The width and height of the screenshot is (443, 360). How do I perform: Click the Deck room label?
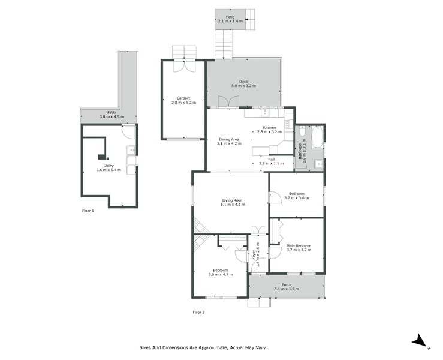[x=243, y=84]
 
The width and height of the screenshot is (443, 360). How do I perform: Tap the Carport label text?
[x=183, y=100]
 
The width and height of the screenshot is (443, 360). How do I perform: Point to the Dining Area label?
[x=229, y=142]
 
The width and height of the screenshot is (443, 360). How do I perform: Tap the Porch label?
[x=287, y=287]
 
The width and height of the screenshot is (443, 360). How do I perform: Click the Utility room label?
[x=109, y=167]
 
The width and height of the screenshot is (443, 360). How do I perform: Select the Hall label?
[x=271, y=161]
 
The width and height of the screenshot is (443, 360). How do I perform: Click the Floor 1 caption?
[x=88, y=211]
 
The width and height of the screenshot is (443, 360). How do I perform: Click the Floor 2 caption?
[x=198, y=313]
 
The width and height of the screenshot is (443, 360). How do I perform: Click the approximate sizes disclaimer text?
[x=203, y=347]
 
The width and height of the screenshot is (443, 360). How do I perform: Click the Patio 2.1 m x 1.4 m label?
[x=230, y=19]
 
